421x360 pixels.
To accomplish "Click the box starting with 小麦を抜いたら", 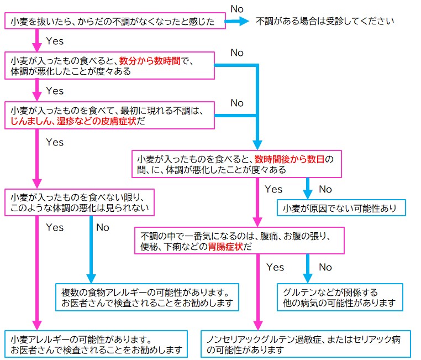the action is (x=115, y=20).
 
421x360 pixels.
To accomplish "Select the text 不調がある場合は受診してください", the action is (x=325, y=21).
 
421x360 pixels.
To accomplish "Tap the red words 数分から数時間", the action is (x=150, y=61).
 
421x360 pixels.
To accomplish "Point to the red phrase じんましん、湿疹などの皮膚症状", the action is (x=73, y=121).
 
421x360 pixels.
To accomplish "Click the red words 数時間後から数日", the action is (x=290, y=159).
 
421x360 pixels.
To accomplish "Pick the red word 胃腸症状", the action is (x=225, y=246).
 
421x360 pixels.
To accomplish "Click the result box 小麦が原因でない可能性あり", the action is (x=341, y=208).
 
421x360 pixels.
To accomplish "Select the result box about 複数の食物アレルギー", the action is (x=147, y=297).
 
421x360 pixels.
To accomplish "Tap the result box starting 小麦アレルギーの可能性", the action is (x=96, y=344).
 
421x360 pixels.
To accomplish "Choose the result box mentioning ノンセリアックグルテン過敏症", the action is (x=306, y=344).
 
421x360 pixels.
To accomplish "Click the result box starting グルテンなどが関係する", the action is (x=340, y=297).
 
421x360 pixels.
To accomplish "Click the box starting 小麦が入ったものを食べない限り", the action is (x=80, y=202).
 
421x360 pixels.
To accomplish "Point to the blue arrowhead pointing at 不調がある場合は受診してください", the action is (x=244, y=21).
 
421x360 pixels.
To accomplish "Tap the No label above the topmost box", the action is (x=237, y=9).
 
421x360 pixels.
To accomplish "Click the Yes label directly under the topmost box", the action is (x=55, y=41).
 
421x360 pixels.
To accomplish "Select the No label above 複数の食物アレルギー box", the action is (x=103, y=227).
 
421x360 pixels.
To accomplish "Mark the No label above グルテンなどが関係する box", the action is (x=325, y=267).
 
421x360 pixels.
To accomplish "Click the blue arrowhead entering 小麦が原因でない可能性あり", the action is (x=308, y=194).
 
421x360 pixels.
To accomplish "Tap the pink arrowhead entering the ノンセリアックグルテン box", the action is (x=258, y=325).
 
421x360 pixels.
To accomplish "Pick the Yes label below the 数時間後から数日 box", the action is (x=273, y=189).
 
